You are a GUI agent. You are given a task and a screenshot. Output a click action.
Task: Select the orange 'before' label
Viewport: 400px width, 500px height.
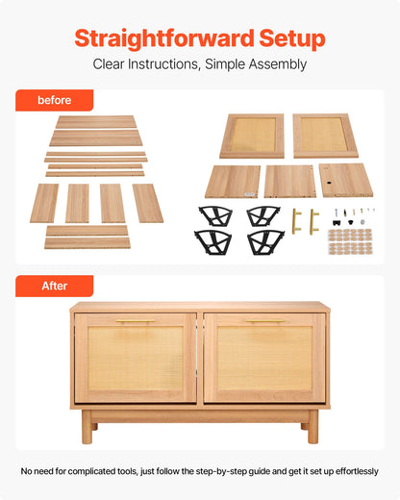[54, 100]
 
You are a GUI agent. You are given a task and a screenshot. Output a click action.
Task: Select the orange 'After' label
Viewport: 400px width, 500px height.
[54, 286]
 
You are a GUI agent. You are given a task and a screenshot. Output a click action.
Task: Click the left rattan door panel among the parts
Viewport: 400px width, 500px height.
[252, 136]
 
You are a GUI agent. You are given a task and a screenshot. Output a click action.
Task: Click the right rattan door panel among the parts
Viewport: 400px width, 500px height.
[325, 136]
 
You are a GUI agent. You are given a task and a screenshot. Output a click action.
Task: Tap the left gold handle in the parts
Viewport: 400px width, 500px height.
[296, 220]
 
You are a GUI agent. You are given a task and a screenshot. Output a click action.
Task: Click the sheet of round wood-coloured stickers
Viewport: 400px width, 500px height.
[350, 239]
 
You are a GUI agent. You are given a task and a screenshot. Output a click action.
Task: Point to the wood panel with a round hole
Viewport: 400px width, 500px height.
[345, 180]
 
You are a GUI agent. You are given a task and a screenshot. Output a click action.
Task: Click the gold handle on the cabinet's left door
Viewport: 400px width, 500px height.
[135, 321]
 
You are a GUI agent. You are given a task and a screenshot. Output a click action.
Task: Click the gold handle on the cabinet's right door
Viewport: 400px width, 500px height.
[264, 321]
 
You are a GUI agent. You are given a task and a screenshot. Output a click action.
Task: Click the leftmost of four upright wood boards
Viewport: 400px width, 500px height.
[44, 203]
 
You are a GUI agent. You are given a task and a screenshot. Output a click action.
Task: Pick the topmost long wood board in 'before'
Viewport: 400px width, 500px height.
[95, 122]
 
